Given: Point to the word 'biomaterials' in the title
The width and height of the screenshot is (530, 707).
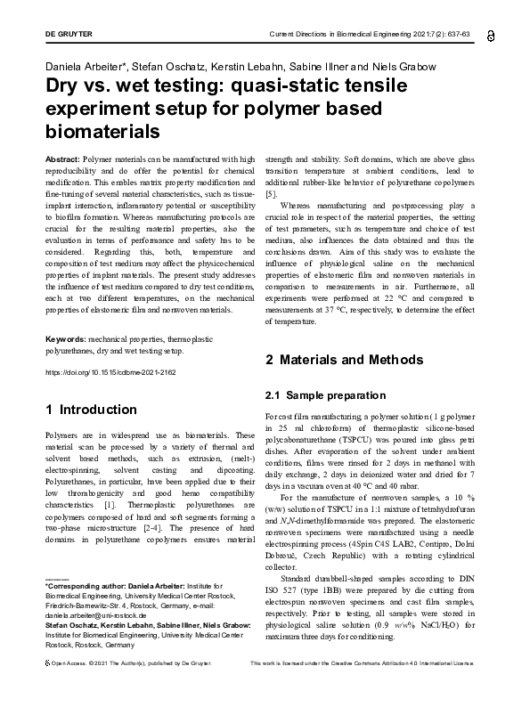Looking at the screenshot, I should (102, 132).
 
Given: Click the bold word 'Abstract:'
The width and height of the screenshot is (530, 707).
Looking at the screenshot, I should (61, 158).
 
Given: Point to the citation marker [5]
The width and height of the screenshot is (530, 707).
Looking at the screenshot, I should (272, 193).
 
